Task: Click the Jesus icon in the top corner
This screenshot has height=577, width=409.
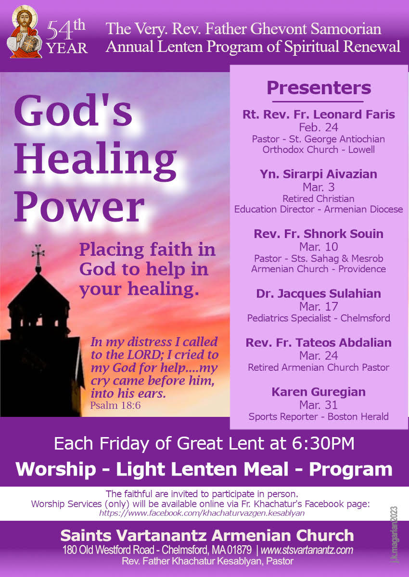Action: point(24,31)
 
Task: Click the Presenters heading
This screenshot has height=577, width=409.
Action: point(319,88)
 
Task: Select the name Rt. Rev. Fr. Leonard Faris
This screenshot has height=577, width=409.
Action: point(319,114)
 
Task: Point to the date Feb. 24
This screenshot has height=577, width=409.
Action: point(319,127)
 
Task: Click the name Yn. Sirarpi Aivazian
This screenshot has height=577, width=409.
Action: point(319,174)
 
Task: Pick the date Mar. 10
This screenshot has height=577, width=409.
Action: point(319,247)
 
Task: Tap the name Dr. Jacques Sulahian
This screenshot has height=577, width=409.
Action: point(319,293)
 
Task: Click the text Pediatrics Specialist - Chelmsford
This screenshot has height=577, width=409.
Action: point(319,318)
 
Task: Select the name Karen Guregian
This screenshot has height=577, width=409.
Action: point(319,392)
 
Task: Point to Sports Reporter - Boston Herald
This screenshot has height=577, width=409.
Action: point(319,417)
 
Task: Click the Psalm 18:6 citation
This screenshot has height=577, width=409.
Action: point(115,405)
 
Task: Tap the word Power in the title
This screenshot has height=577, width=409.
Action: point(79,207)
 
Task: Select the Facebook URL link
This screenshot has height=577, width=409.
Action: point(202,513)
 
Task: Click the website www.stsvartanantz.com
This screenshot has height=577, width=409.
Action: point(307,550)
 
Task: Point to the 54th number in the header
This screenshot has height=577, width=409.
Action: point(66,31)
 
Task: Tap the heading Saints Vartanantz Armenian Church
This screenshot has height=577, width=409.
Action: point(207,536)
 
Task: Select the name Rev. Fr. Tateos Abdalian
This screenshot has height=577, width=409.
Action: point(319,343)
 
